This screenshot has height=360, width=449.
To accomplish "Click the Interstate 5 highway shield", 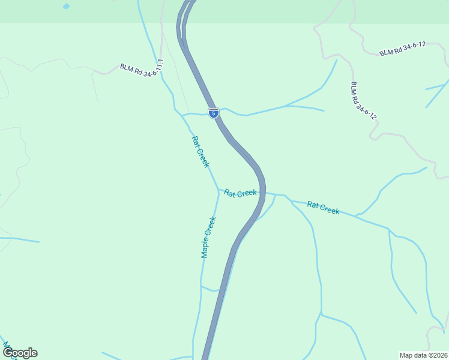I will click(x=214, y=112).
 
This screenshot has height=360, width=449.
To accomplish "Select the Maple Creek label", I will click(x=208, y=237).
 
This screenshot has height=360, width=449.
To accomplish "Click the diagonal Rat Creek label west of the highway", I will click(x=200, y=152).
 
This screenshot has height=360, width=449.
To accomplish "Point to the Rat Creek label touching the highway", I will click(x=240, y=193).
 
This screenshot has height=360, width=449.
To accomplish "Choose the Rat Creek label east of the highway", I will click(x=323, y=208).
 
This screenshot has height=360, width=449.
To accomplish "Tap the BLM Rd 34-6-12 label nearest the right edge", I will click(x=402, y=49).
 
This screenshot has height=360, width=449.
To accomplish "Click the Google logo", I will click(x=20, y=353).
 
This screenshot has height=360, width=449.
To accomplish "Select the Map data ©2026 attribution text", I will click(x=423, y=355).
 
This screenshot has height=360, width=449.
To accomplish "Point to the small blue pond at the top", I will click(x=65, y=7).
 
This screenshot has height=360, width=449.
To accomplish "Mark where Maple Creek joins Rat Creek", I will click(x=218, y=190).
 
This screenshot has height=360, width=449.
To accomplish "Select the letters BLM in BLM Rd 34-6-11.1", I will click(x=126, y=68).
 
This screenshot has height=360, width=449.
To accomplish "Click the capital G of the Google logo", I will click(x=8, y=353).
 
